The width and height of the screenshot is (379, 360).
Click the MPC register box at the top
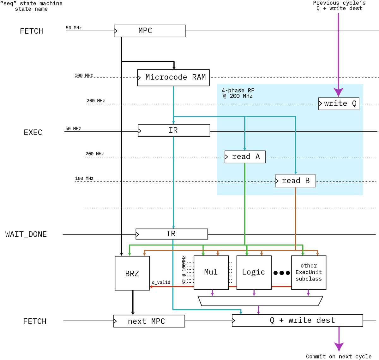point(149,31)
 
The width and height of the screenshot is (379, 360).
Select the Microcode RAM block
point(174,78)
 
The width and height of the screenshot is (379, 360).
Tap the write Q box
point(339,103)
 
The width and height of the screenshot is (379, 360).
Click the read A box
point(245,157)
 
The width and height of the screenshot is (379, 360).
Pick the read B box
point(295,181)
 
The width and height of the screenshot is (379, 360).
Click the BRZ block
point(132,273)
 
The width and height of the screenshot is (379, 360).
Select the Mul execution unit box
point(211,272)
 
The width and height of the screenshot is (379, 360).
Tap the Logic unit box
point(254,272)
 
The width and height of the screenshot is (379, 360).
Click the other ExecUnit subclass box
point(309,272)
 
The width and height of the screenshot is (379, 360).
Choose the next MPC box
point(149,321)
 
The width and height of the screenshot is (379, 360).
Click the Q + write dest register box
point(297,321)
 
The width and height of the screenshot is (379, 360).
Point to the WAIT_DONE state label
point(26,234)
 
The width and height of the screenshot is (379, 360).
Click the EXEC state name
point(33,133)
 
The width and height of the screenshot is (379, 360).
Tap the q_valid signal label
point(161,282)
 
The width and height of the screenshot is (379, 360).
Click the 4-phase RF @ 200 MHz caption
point(238,93)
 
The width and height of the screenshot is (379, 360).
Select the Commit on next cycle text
point(339,357)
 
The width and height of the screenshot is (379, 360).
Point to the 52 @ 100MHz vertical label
point(184,270)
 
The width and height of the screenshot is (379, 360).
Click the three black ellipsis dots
point(281,273)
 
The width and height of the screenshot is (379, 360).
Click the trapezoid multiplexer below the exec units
point(260,301)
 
